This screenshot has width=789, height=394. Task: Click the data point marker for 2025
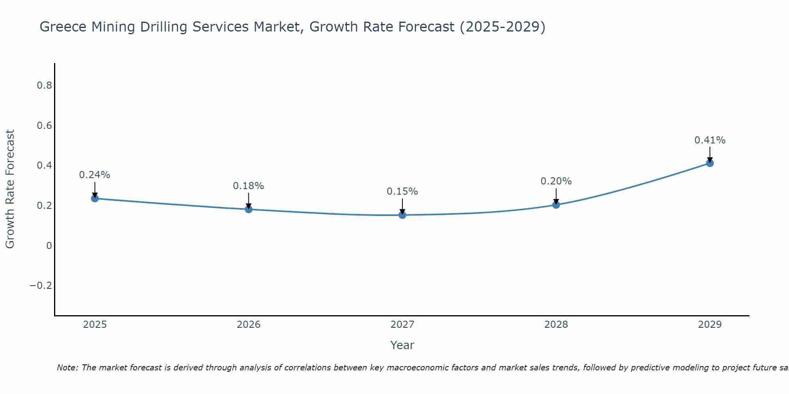(x=95, y=198)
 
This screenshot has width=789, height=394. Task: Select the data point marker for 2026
(x=249, y=209)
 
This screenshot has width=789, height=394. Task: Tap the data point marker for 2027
(x=402, y=215)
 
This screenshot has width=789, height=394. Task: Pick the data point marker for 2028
(x=556, y=205)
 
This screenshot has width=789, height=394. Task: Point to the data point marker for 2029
(x=710, y=163)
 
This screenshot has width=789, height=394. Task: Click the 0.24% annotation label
(x=95, y=175)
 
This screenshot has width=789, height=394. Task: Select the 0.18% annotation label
(x=249, y=186)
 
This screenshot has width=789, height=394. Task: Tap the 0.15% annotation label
(x=402, y=191)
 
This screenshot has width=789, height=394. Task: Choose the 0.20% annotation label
(x=556, y=181)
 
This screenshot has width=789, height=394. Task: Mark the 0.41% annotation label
(x=710, y=140)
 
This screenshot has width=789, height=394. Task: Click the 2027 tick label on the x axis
(x=402, y=325)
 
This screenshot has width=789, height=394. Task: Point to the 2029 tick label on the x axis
(x=710, y=325)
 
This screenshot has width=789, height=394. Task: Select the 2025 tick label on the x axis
(x=95, y=325)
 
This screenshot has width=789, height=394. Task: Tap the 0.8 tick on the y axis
(x=44, y=85)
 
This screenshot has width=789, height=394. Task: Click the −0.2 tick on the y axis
(x=41, y=286)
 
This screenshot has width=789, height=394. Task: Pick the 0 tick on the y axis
(x=49, y=246)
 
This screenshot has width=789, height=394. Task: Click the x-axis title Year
(x=402, y=346)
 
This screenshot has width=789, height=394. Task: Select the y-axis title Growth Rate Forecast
(x=10, y=189)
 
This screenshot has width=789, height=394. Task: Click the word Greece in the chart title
(x=63, y=27)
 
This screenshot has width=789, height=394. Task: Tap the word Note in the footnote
(x=67, y=368)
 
